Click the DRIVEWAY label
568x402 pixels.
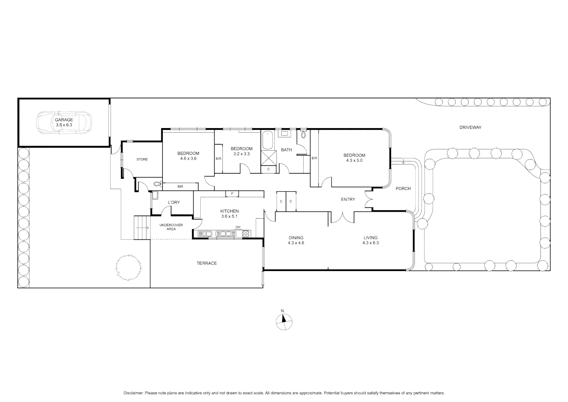pyautogui.click(x=470, y=127)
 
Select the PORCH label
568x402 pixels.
pyautogui.click(x=403, y=189)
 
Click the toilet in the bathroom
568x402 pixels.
pyautogui.click(x=303, y=134)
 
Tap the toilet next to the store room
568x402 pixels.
pyautogui.click(x=157, y=184)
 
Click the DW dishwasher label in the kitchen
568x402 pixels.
pyautogui.click(x=238, y=227)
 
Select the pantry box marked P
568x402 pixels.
pyautogui.click(x=232, y=194)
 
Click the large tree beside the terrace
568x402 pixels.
pyautogui.click(x=128, y=267)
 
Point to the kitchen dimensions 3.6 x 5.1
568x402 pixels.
pyautogui.click(x=229, y=216)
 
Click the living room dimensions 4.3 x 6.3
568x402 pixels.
pyautogui.click(x=370, y=243)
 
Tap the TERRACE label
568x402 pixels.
pyautogui.click(x=207, y=264)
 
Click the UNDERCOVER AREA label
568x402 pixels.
pyautogui.click(x=171, y=227)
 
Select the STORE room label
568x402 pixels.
pyautogui.click(x=142, y=159)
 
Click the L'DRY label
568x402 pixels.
pyautogui.click(x=174, y=202)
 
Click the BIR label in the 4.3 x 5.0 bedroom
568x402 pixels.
pyautogui.click(x=314, y=158)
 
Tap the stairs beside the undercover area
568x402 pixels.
pyautogui.click(x=142, y=227)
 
